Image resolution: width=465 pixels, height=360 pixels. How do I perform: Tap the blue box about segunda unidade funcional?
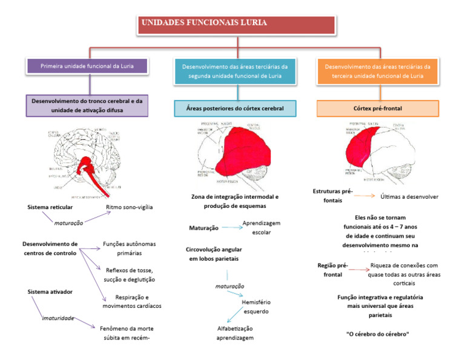(236, 70)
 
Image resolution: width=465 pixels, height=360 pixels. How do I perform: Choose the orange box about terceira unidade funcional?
(377, 70)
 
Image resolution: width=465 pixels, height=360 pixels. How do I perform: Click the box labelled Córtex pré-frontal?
(377, 108)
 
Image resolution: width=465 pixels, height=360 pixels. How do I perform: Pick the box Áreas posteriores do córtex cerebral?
(236, 108)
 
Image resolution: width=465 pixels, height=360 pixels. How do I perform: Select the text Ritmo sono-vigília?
(129, 207)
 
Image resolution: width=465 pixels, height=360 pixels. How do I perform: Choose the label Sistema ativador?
(50, 292)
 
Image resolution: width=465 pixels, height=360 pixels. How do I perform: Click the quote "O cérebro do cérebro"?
(377, 334)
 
